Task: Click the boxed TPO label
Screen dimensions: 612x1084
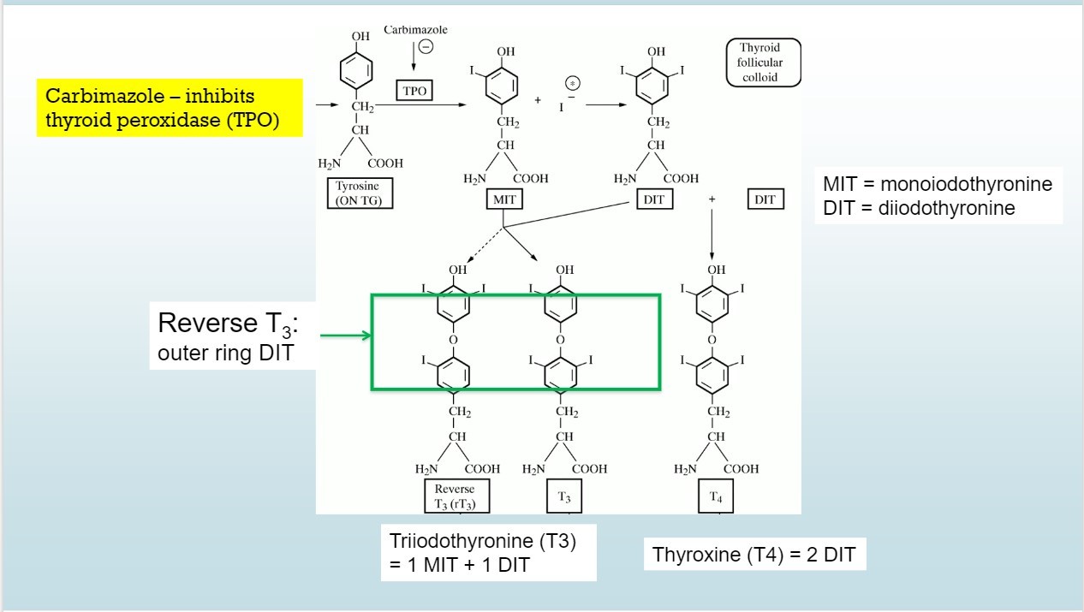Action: coord(414,91)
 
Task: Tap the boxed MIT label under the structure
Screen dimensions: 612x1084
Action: coord(504,199)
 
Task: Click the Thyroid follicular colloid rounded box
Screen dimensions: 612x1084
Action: coord(763,62)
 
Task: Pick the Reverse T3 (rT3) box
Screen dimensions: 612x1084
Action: coord(456,496)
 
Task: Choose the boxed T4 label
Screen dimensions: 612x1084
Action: coord(715,496)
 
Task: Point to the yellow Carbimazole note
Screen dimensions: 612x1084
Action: coord(170,108)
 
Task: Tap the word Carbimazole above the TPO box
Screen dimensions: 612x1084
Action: coord(415,30)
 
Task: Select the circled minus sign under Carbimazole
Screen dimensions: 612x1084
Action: coord(425,47)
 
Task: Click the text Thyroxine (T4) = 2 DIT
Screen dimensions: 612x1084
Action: coord(753,554)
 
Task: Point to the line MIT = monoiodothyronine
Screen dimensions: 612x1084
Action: coord(938,184)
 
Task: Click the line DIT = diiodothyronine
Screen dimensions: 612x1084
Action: coord(919,208)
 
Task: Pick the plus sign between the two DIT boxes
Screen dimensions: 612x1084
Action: coord(712,199)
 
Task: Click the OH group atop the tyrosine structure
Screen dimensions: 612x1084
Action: coord(360,37)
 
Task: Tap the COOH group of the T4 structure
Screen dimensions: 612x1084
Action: coord(741,469)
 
